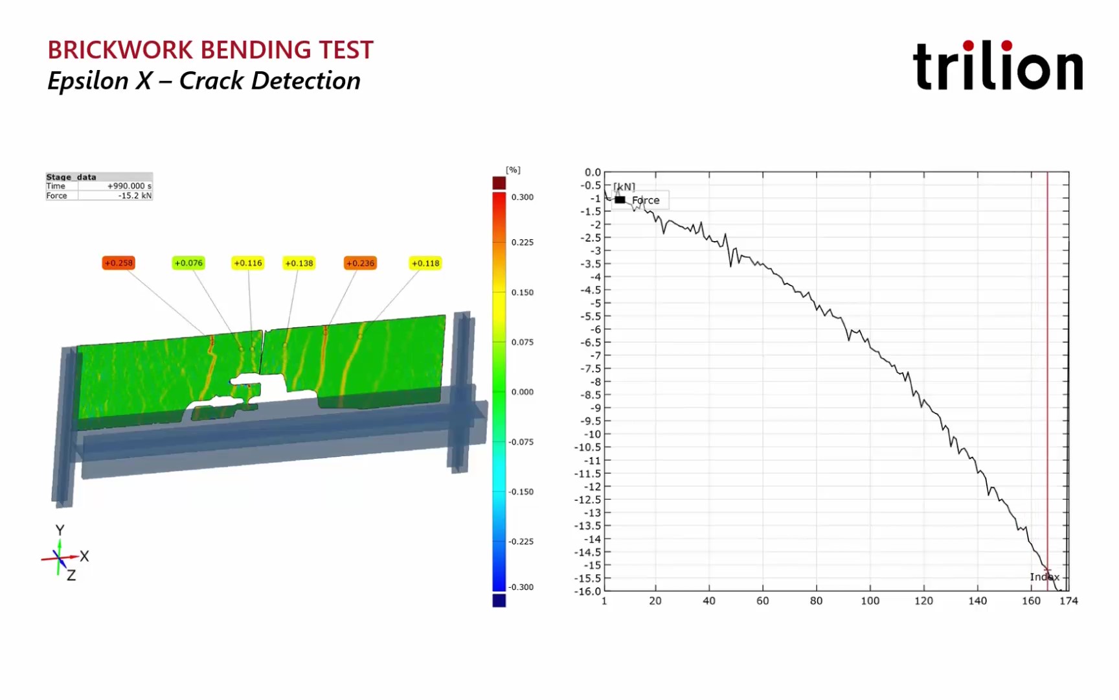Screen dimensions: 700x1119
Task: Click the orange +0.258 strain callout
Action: point(119,263)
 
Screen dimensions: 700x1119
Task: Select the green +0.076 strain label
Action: point(188,263)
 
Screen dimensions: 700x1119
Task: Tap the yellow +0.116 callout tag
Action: point(248,263)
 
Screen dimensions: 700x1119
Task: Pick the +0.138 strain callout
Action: point(299,263)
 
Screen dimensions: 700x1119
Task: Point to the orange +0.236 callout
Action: point(360,263)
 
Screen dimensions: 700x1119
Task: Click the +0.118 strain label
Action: point(425,263)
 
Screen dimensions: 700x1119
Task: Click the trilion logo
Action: point(997,66)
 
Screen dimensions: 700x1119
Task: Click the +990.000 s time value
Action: point(130,186)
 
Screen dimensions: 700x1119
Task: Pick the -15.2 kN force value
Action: point(135,196)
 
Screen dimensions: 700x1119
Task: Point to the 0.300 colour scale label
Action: point(523,197)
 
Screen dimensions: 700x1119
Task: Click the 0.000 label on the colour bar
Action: point(523,392)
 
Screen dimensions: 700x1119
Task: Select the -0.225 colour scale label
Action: point(521,542)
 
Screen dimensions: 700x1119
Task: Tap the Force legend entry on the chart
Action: point(645,200)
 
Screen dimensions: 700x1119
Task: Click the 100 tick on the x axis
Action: point(870,601)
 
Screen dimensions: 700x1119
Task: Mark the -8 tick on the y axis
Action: point(595,382)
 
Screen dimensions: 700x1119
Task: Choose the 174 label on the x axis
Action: point(1068,601)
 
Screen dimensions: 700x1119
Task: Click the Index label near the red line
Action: point(1044,577)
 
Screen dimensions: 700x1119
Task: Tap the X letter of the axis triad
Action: point(84,556)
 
